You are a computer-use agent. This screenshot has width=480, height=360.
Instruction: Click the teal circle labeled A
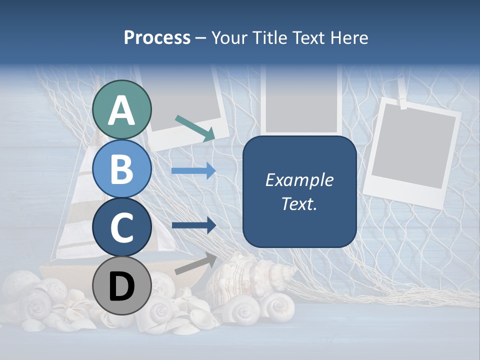click(x=122, y=110)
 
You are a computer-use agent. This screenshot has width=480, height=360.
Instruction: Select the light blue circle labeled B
click(x=122, y=169)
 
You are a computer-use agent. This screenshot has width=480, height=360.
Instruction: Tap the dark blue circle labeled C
click(x=122, y=227)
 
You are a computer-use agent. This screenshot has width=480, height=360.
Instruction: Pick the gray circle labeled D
click(x=122, y=286)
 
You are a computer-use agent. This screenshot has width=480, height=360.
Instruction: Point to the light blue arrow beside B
click(x=193, y=171)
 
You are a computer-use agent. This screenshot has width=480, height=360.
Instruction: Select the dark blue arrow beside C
click(x=193, y=225)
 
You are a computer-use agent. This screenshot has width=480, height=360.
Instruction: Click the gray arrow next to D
click(x=195, y=263)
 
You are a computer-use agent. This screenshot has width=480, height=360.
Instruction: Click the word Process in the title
click(x=157, y=38)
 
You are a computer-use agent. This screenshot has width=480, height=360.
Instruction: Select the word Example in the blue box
click(x=299, y=180)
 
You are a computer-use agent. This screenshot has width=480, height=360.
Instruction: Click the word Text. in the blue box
click(x=299, y=204)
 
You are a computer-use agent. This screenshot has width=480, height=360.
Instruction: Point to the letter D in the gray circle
click(x=122, y=287)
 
